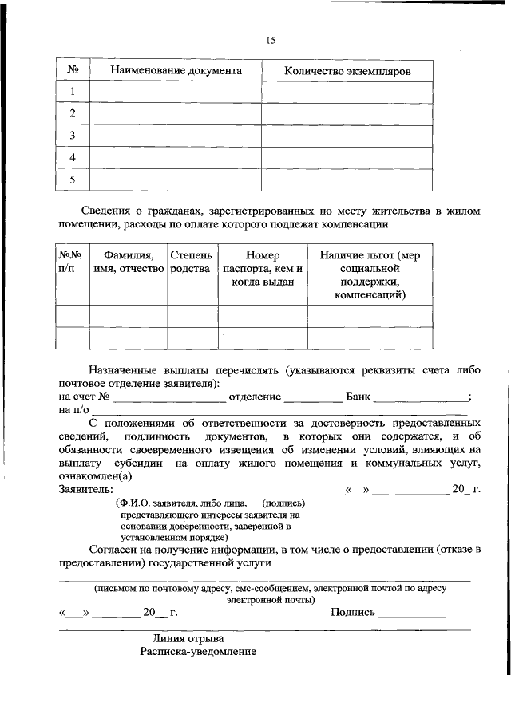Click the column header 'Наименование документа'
coord(176,70)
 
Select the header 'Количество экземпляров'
coord(347,71)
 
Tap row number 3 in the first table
coord(72,136)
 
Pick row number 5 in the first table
coord(72,180)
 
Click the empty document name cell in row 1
coord(176,93)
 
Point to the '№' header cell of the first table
coord(72,70)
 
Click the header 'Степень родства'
coord(192,262)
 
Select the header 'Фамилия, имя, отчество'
coord(128,262)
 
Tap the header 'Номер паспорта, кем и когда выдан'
coord(263,268)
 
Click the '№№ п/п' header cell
coord(72,262)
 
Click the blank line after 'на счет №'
coord(168,397)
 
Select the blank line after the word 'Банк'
coord(421,397)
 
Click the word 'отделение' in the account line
coord(255,397)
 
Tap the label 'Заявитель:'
coord(85,488)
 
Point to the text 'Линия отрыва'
coord(188,638)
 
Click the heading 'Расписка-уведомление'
coord(197,652)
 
